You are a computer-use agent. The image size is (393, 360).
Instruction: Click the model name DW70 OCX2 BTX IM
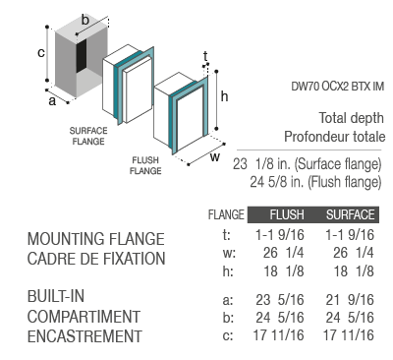pos(337,87)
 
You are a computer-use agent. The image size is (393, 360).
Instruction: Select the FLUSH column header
pos(287,214)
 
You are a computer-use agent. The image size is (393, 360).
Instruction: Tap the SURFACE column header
pos(350,214)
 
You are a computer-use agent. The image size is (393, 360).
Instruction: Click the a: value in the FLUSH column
pos(280,300)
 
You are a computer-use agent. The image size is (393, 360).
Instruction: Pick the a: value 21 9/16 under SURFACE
pos(350,300)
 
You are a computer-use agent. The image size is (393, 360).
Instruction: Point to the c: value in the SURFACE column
pos(349,335)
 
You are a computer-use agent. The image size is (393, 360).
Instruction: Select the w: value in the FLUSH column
pos(284,253)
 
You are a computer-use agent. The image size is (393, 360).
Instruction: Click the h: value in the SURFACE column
pos(354,271)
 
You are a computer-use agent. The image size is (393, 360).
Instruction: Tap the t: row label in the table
pos(227,235)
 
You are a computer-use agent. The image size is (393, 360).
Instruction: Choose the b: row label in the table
pos(228,318)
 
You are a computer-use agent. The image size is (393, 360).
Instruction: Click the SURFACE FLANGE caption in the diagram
pos(88,136)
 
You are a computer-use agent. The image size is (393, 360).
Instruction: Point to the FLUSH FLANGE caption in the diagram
pos(145,165)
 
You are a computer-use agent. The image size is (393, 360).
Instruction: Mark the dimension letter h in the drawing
pos(224,96)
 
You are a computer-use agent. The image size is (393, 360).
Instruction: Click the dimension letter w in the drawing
pos(215,157)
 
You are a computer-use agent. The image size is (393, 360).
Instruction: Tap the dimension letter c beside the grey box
pos(40,53)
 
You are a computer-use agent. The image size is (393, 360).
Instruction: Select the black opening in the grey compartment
pos(82,55)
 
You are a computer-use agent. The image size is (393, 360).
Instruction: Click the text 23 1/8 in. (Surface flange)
pos(308,164)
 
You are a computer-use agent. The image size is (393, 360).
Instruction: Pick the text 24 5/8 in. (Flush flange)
pos(315,182)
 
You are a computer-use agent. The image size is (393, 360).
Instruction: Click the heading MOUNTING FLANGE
pos(95,239)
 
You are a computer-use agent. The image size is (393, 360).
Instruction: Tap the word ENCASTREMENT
pos(84,336)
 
